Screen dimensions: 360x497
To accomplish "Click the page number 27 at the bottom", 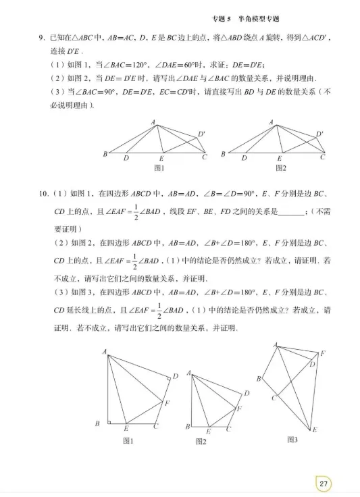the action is [x=324, y=483].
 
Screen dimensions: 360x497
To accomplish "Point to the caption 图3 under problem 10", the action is [x=292, y=440].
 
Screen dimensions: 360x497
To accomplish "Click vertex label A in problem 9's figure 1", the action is [x=153, y=122].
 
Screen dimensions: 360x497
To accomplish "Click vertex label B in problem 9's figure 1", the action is [x=105, y=155].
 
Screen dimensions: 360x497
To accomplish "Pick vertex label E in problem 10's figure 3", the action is [x=315, y=429].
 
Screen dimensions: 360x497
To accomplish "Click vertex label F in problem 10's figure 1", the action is [x=168, y=403].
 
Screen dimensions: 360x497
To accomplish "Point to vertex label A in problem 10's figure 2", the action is [x=189, y=372].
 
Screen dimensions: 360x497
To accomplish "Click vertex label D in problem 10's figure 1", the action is [x=175, y=376].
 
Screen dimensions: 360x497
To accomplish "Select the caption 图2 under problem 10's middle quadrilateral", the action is [x=201, y=441].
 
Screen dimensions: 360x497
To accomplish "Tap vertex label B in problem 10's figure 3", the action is [x=258, y=379].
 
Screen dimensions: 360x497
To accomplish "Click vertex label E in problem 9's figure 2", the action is [x=280, y=158].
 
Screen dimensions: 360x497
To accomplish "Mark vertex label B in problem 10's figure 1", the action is [x=98, y=423].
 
